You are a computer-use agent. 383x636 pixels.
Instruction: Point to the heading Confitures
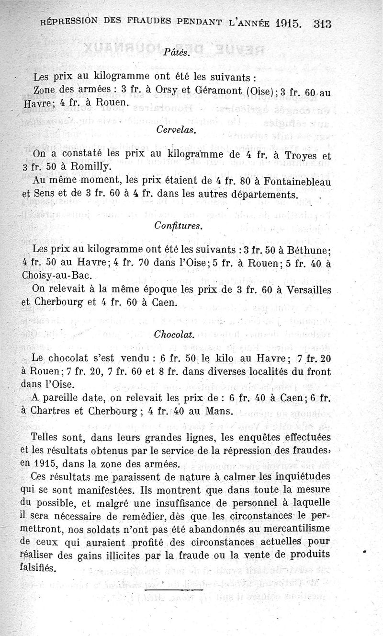[174, 224]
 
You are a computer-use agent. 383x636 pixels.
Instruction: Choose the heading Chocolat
[174, 334]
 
